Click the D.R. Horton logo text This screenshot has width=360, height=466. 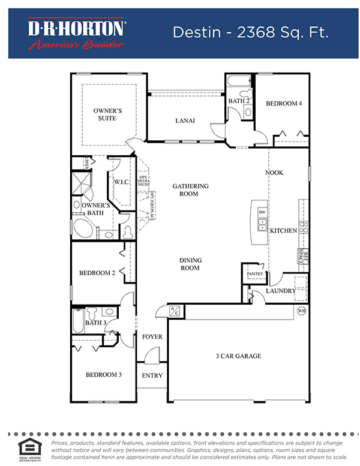[76, 28]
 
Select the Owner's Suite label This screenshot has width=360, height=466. [108, 115]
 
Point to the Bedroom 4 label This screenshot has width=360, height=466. [284, 104]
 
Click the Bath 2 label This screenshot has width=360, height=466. [238, 101]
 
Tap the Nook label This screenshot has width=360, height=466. [274, 173]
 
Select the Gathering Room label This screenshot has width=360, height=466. [190, 190]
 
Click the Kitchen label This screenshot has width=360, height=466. [283, 230]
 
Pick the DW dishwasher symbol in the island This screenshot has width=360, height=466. [262, 212]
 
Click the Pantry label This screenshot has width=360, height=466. [256, 274]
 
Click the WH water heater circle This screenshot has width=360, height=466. [302, 310]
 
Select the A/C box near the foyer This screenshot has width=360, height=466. [175, 310]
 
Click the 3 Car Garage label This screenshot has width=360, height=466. [238, 356]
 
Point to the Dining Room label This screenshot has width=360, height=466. [190, 264]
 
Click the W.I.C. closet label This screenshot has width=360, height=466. [122, 182]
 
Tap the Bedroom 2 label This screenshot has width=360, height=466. [97, 273]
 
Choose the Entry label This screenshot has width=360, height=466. [152, 376]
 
